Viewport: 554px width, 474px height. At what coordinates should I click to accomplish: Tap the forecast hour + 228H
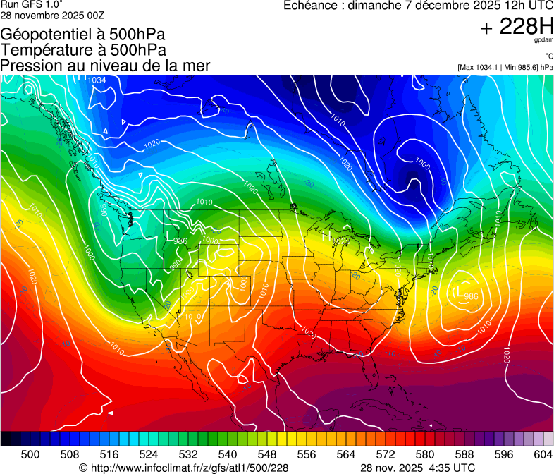(517, 26)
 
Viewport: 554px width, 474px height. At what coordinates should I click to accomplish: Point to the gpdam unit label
(543, 41)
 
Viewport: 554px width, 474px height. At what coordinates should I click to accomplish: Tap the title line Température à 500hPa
(83, 50)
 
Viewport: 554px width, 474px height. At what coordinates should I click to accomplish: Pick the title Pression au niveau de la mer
(105, 66)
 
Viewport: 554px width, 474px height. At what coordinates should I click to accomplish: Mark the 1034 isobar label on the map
(97, 80)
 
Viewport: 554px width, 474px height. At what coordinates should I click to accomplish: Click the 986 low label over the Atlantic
(472, 296)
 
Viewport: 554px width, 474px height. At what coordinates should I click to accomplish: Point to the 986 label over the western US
(180, 241)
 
